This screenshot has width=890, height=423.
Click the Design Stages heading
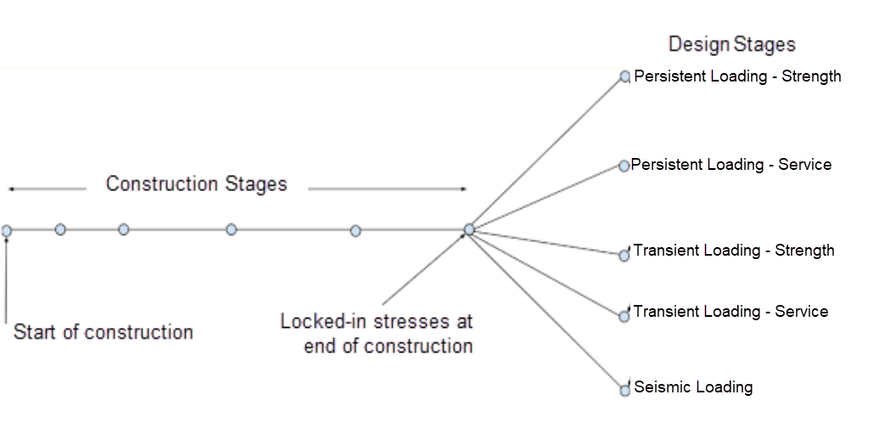(x=731, y=44)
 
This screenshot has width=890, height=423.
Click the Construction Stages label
(x=196, y=183)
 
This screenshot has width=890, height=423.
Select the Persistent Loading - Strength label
(x=737, y=76)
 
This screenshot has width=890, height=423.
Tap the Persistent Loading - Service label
(x=731, y=165)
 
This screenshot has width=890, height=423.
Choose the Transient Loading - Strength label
(x=734, y=251)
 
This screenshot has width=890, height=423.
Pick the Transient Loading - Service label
(x=730, y=312)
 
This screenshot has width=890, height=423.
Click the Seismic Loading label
(x=693, y=387)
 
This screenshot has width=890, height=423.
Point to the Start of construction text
(x=103, y=332)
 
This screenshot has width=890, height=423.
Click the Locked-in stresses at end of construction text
(x=377, y=334)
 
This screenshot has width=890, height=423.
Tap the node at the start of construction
(x=7, y=230)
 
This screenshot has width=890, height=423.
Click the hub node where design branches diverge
(x=469, y=229)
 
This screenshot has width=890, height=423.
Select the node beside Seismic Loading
(x=625, y=390)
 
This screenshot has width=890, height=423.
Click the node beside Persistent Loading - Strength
(x=625, y=76)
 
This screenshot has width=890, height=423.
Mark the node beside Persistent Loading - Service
(x=624, y=166)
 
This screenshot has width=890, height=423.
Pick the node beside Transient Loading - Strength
(x=624, y=255)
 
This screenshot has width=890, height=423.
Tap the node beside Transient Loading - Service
(x=624, y=316)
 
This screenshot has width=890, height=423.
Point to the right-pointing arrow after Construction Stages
(x=387, y=189)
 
